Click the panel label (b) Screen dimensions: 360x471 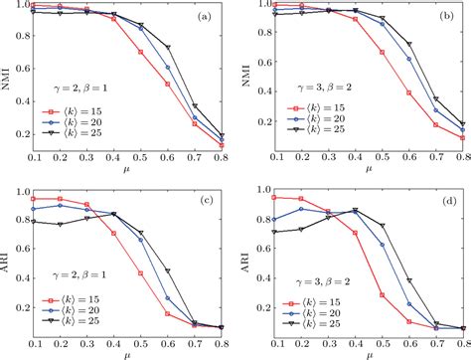(x=448, y=19)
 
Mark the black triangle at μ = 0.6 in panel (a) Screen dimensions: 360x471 (x=166, y=47)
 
